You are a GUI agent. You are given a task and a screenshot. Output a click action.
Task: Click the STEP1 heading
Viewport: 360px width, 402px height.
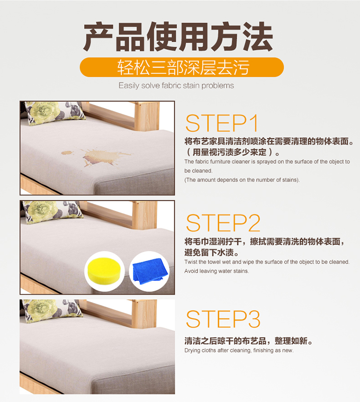[221, 123]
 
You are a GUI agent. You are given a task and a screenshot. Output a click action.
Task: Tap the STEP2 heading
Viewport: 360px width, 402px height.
[223, 223]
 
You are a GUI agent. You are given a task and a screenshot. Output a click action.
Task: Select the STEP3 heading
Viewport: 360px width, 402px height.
[223, 319]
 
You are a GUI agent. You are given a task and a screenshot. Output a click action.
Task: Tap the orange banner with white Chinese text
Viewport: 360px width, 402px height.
[181, 67]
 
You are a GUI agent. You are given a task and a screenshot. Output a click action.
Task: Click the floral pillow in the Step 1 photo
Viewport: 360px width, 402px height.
[54, 112]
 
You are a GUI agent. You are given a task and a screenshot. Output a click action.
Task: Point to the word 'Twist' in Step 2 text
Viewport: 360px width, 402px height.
[191, 262]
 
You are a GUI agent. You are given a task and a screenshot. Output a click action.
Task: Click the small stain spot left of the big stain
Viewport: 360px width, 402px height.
[67, 153]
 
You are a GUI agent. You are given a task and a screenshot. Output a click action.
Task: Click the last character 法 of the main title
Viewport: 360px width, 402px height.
[257, 37]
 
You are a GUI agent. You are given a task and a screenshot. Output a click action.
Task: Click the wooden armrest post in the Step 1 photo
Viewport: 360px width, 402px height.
[146, 116]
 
